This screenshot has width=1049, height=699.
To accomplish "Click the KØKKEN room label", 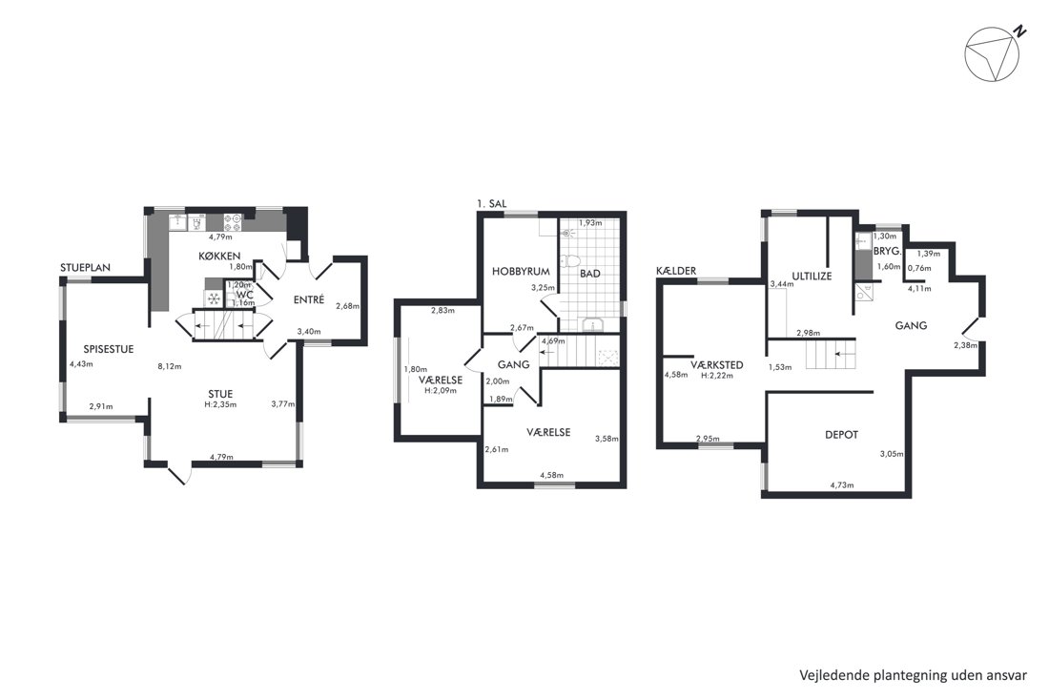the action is pos(219,257).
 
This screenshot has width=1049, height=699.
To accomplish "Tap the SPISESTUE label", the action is pos(109,349).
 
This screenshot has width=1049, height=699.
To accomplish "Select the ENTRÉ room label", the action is pos(309,299).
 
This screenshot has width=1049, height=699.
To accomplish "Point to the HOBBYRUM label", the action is pos(521,272).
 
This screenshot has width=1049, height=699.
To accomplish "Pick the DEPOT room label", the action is pos(842,435).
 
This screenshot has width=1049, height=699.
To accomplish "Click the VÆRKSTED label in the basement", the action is pos(716,365).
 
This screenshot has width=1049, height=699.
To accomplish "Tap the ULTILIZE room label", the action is pos(812,276).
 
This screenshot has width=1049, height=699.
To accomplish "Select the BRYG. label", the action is pos(888,252).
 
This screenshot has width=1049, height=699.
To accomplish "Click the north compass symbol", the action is pos(993,55).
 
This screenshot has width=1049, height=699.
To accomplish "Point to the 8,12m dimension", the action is pos(169,366).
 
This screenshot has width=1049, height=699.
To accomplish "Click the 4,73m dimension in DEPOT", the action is pos(842,485).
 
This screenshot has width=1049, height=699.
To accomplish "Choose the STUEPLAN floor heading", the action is pos(85,268).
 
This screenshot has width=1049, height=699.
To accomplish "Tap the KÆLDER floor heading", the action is pos(676,271).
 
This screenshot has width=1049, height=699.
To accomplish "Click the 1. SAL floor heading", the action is pos(492,203).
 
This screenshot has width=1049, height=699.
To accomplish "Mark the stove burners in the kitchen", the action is pos(232,222).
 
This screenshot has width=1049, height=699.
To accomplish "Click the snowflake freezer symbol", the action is pos(214,298).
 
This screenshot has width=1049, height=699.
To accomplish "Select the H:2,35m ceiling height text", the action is pos(221,404).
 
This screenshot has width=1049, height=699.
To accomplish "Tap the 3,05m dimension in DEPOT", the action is pos(891,454).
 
